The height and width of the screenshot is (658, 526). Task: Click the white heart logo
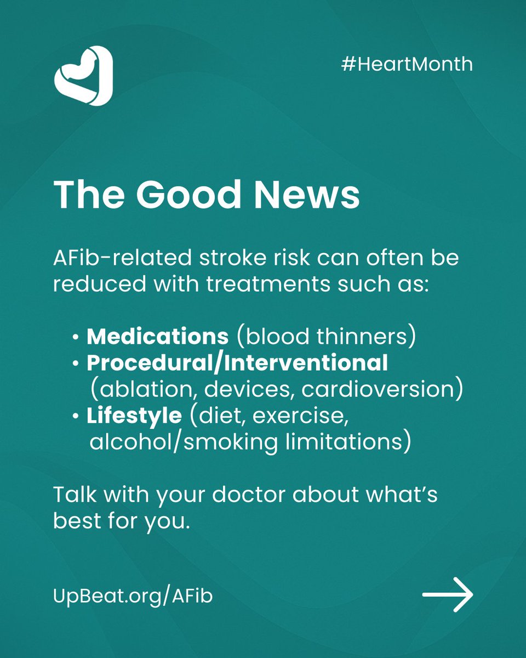click(x=83, y=75)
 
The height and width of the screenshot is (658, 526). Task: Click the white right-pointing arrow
click(x=447, y=595)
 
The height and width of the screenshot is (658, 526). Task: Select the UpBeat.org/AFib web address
click(x=133, y=596)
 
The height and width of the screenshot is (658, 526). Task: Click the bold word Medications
click(x=158, y=336)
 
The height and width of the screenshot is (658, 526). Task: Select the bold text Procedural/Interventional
click(x=237, y=362)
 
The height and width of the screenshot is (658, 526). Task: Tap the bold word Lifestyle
click(x=134, y=416)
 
